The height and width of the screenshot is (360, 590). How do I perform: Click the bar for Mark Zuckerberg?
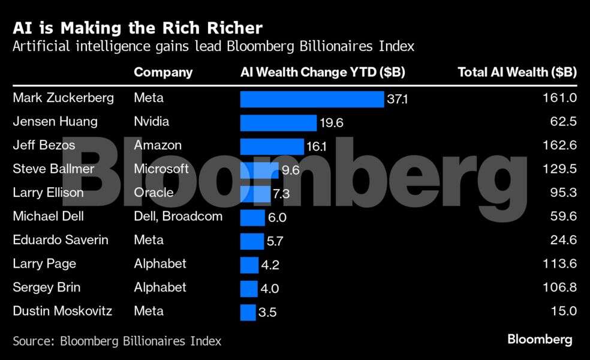click(x=312, y=99)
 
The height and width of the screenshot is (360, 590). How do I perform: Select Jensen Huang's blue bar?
click(x=278, y=122)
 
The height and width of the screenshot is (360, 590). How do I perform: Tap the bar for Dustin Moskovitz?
click(x=248, y=312)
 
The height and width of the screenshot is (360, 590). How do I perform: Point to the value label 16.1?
click(x=318, y=146)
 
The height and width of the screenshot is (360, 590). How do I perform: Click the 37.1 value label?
click(x=397, y=99)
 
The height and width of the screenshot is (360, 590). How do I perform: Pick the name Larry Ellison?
click(x=48, y=193)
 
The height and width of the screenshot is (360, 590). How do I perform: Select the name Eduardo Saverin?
click(x=61, y=240)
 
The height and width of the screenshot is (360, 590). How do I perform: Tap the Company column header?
click(x=163, y=73)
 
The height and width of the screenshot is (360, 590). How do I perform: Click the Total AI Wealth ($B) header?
click(x=517, y=73)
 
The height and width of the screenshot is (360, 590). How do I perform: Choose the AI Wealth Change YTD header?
click(x=323, y=73)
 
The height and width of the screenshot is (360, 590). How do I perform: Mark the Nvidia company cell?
click(x=151, y=122)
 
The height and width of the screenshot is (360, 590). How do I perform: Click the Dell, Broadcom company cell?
click(x=178, y=216)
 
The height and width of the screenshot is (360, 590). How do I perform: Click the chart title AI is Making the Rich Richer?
click(x=138, y=28)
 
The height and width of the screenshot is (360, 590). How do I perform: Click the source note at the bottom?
click(x=117, y=341)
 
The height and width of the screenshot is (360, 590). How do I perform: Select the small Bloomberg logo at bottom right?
click(x=540, y=340)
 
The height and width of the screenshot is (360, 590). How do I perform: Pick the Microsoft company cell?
click(x=161, y=169)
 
